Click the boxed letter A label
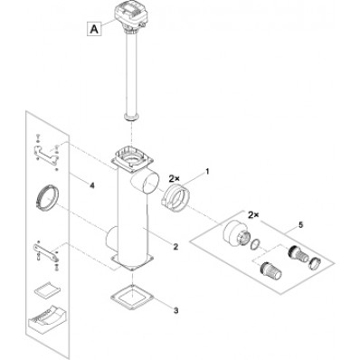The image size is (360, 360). coord(94,29)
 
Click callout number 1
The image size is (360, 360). coord(207,172)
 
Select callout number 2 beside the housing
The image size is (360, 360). coord(176,247)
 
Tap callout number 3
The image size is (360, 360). coord(176,310)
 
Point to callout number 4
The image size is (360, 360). coord(91,185)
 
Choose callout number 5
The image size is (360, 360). coord(300,225)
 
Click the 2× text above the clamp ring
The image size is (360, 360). coord(174,179)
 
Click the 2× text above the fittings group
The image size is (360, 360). coord(253,215)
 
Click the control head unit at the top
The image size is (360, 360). coord(128,17)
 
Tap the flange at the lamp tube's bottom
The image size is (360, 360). coord(131,117)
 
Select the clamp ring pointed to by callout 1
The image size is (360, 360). coord(176,197)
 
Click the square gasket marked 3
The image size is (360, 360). coord(132,298)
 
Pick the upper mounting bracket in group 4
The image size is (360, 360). coord(47,153)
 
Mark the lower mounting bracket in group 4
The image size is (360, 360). coord(46,252)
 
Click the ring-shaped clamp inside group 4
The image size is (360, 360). coord(47,196)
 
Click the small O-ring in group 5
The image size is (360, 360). coord(255,243)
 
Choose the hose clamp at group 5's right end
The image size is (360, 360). coord(314,261)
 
